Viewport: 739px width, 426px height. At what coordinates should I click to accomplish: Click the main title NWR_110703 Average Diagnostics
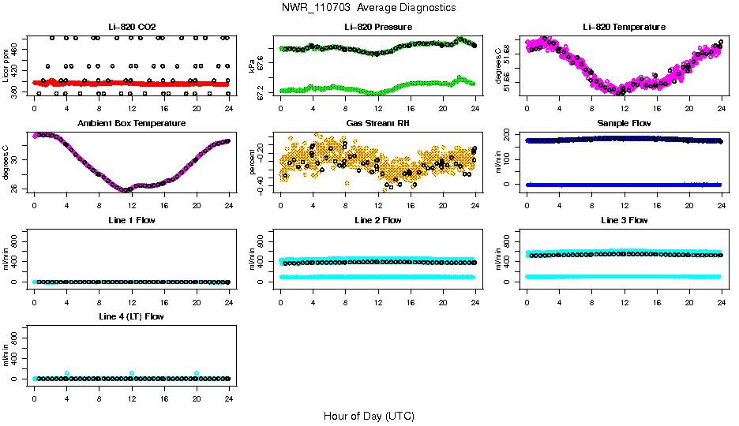(369, 8)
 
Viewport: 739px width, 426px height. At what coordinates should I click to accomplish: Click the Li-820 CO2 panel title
(132, 27)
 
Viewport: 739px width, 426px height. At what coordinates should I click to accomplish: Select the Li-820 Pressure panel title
(377, 27)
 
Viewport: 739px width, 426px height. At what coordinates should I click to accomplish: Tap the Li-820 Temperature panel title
(624, 27)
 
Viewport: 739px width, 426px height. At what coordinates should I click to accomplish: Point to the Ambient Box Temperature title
(132, 124)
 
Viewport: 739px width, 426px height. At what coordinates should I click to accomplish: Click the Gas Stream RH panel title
(377, 124)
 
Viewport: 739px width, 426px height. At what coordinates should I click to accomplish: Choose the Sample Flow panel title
(624, 124)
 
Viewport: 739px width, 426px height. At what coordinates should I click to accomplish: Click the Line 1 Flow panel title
(132, 220)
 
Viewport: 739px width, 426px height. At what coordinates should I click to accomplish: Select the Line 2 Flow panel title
(377, 220)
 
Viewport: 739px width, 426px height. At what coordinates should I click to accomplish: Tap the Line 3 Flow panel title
(624, 220)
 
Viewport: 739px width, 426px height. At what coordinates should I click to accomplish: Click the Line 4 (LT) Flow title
(132, 316)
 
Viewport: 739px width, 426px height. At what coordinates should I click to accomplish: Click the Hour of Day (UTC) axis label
(369, 416)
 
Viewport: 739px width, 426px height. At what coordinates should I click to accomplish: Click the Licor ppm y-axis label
(6, 66)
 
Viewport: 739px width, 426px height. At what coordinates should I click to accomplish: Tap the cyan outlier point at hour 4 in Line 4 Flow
(67, 373)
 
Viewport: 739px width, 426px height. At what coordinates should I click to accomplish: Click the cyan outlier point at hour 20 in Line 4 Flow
(197, 373)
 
